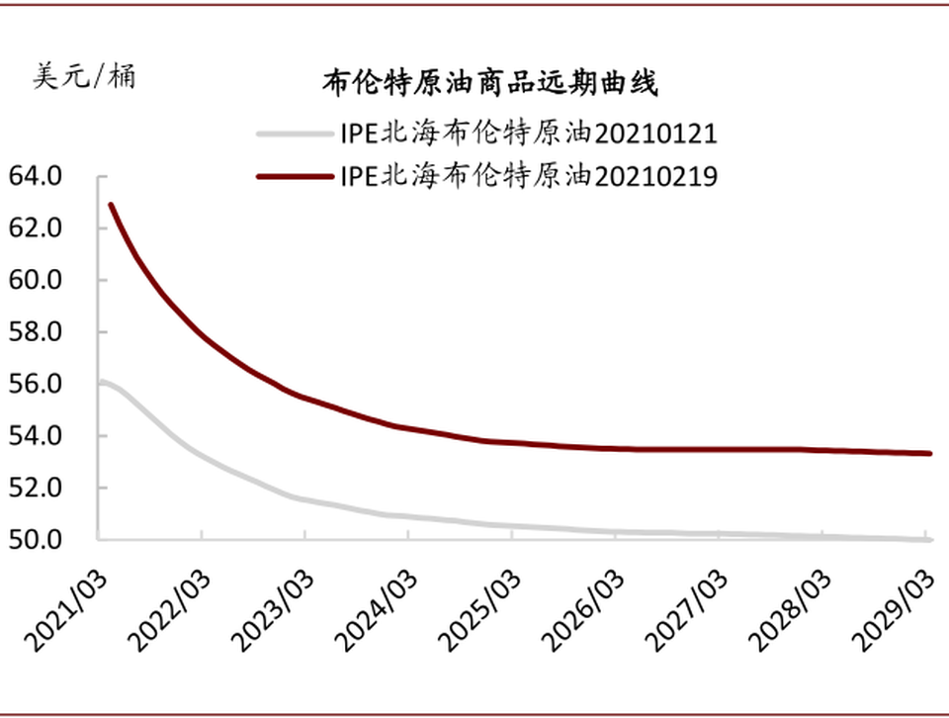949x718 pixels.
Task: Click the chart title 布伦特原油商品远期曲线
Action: pyautogui.click(x=489, y=83)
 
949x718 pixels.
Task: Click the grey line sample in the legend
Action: pyautogui.click(x=294, y=134)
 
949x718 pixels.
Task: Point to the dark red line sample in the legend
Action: pyautogui.click(x=294, y=176)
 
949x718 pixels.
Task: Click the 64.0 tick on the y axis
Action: pyautogui.click(x=36, y=176)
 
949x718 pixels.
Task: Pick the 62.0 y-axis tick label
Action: pyautogui.click(x=36, y=228)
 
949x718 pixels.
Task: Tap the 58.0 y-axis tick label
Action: pyautogui.click(x=36, y=332)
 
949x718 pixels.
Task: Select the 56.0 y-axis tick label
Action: pyautogui.click(x=36, y=384)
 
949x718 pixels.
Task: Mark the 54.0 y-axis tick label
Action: pyautogui.click(x=36, y=436)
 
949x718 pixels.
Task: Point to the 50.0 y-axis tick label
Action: pyautogui.click(x=36, y=540)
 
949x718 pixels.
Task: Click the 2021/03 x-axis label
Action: pyautogui.click(x=67, y=610)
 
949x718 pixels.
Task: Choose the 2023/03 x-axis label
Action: pyautogui.click(x=274, y=610)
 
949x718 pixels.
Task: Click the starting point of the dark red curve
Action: pyautogui.click(x=111, y=206)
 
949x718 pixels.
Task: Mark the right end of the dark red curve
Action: pyautogui.click(x=929, y=453)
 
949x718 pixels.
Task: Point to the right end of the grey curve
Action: pyautogui.click(x=929, y=539)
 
